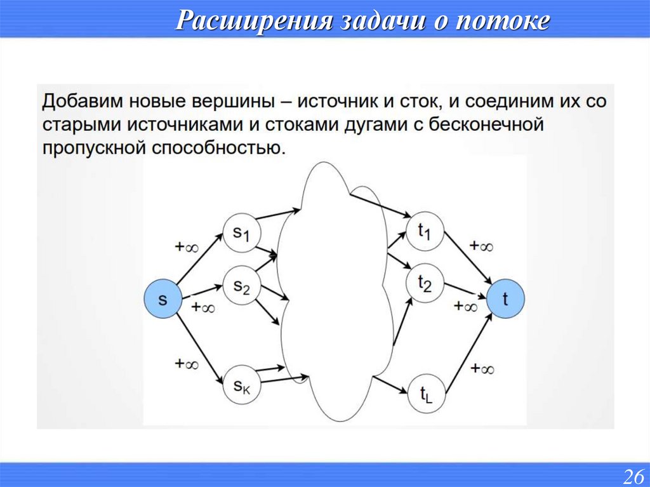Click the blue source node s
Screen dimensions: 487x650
(162, 299)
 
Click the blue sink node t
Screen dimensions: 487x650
(506, 299)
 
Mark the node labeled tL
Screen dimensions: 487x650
(424, 396)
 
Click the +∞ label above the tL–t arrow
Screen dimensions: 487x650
(482, 368)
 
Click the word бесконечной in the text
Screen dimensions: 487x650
(487, 124)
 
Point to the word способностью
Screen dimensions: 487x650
(216, 148)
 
